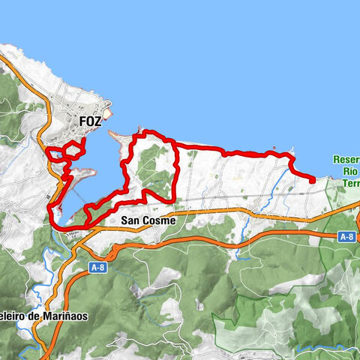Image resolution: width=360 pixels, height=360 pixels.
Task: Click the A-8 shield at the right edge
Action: (346, 237)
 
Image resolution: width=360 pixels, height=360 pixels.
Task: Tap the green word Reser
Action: (346, 159)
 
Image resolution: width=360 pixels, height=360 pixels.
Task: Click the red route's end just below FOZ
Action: (82, 140)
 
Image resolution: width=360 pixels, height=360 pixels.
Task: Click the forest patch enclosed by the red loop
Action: (154, 165)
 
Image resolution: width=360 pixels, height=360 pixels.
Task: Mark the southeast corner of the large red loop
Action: (176, 197)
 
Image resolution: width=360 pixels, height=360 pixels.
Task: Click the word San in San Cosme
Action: (129, 221)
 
